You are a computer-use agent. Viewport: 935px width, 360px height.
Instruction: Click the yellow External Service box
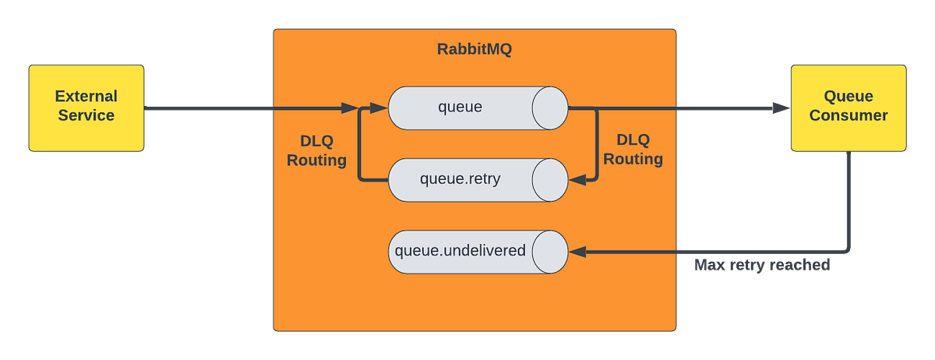86,108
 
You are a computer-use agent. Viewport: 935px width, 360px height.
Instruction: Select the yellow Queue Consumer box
848,108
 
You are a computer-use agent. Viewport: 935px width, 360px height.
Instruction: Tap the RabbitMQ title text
474,51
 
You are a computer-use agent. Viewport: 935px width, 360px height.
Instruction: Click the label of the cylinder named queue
460,108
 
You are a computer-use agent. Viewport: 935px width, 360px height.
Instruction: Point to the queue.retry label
460,179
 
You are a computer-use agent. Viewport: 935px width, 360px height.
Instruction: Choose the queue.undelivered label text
460,251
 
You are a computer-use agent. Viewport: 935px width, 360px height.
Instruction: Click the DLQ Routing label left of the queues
316,150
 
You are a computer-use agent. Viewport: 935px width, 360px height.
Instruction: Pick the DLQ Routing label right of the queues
633,149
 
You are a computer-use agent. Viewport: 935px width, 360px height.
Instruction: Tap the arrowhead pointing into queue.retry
577,179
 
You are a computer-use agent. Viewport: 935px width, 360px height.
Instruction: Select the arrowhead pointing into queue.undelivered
577,252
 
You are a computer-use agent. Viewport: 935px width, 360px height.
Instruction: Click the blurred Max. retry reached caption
762,266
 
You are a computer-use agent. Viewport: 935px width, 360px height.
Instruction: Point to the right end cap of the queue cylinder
550,108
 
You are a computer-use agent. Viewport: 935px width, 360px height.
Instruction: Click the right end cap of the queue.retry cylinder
550,179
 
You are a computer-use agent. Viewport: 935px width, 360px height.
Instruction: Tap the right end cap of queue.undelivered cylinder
550,252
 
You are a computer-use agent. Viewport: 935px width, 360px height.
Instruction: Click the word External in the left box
86,97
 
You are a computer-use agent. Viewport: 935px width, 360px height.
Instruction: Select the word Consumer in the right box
848,116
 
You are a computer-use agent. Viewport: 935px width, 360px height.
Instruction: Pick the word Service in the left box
86,116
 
